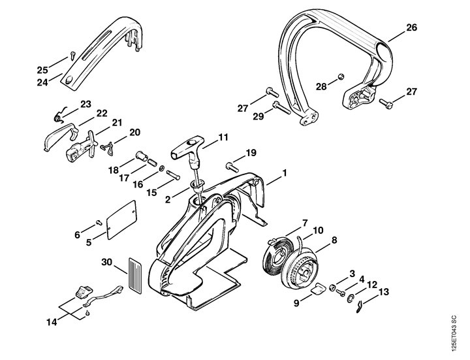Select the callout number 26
[411, 27]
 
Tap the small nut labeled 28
[341, 77]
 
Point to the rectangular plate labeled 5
[121, 220]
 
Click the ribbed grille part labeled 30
[135, 274]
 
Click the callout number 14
[52, 322]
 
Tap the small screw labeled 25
[72, 56]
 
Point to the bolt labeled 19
[232, 167]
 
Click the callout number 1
[285, 173]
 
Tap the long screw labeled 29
[281, 108]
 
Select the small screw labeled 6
[99, 222]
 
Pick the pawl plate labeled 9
[317, 289]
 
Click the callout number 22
[102, 114]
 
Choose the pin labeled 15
[172, 174]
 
